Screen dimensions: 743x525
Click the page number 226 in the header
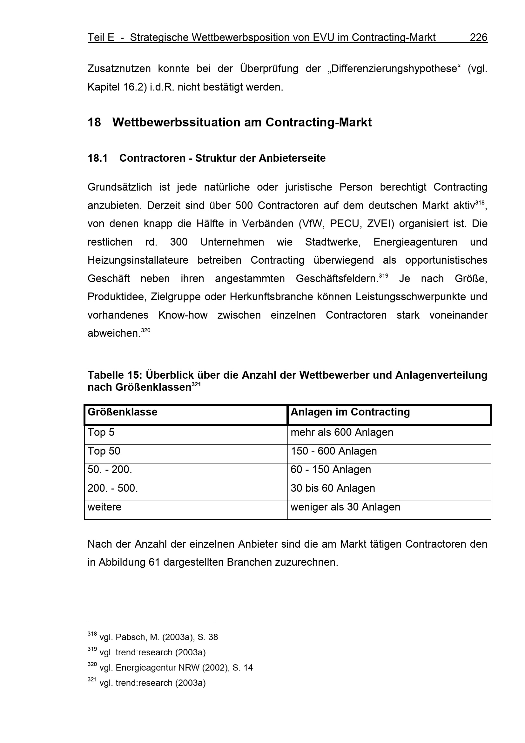pos(478,38)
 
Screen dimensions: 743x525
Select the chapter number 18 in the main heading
pos(94,122)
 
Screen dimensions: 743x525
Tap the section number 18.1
pos(98,158)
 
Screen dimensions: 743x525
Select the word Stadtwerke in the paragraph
pos(333,242)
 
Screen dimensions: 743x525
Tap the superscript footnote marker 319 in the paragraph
pos(383,276)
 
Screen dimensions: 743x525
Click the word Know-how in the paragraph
pos(183,315)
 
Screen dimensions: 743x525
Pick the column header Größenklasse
pos(122,412)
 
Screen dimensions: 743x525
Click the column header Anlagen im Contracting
pos(350,412)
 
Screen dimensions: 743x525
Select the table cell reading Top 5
pos(101,433)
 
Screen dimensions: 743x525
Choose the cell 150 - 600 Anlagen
pos(333,451)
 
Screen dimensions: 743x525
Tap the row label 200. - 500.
pos(112,488)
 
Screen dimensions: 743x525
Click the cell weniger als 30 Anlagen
pos(345,507)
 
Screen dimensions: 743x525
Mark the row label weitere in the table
pos(104,507)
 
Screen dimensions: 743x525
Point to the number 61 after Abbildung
pos(154,563)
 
